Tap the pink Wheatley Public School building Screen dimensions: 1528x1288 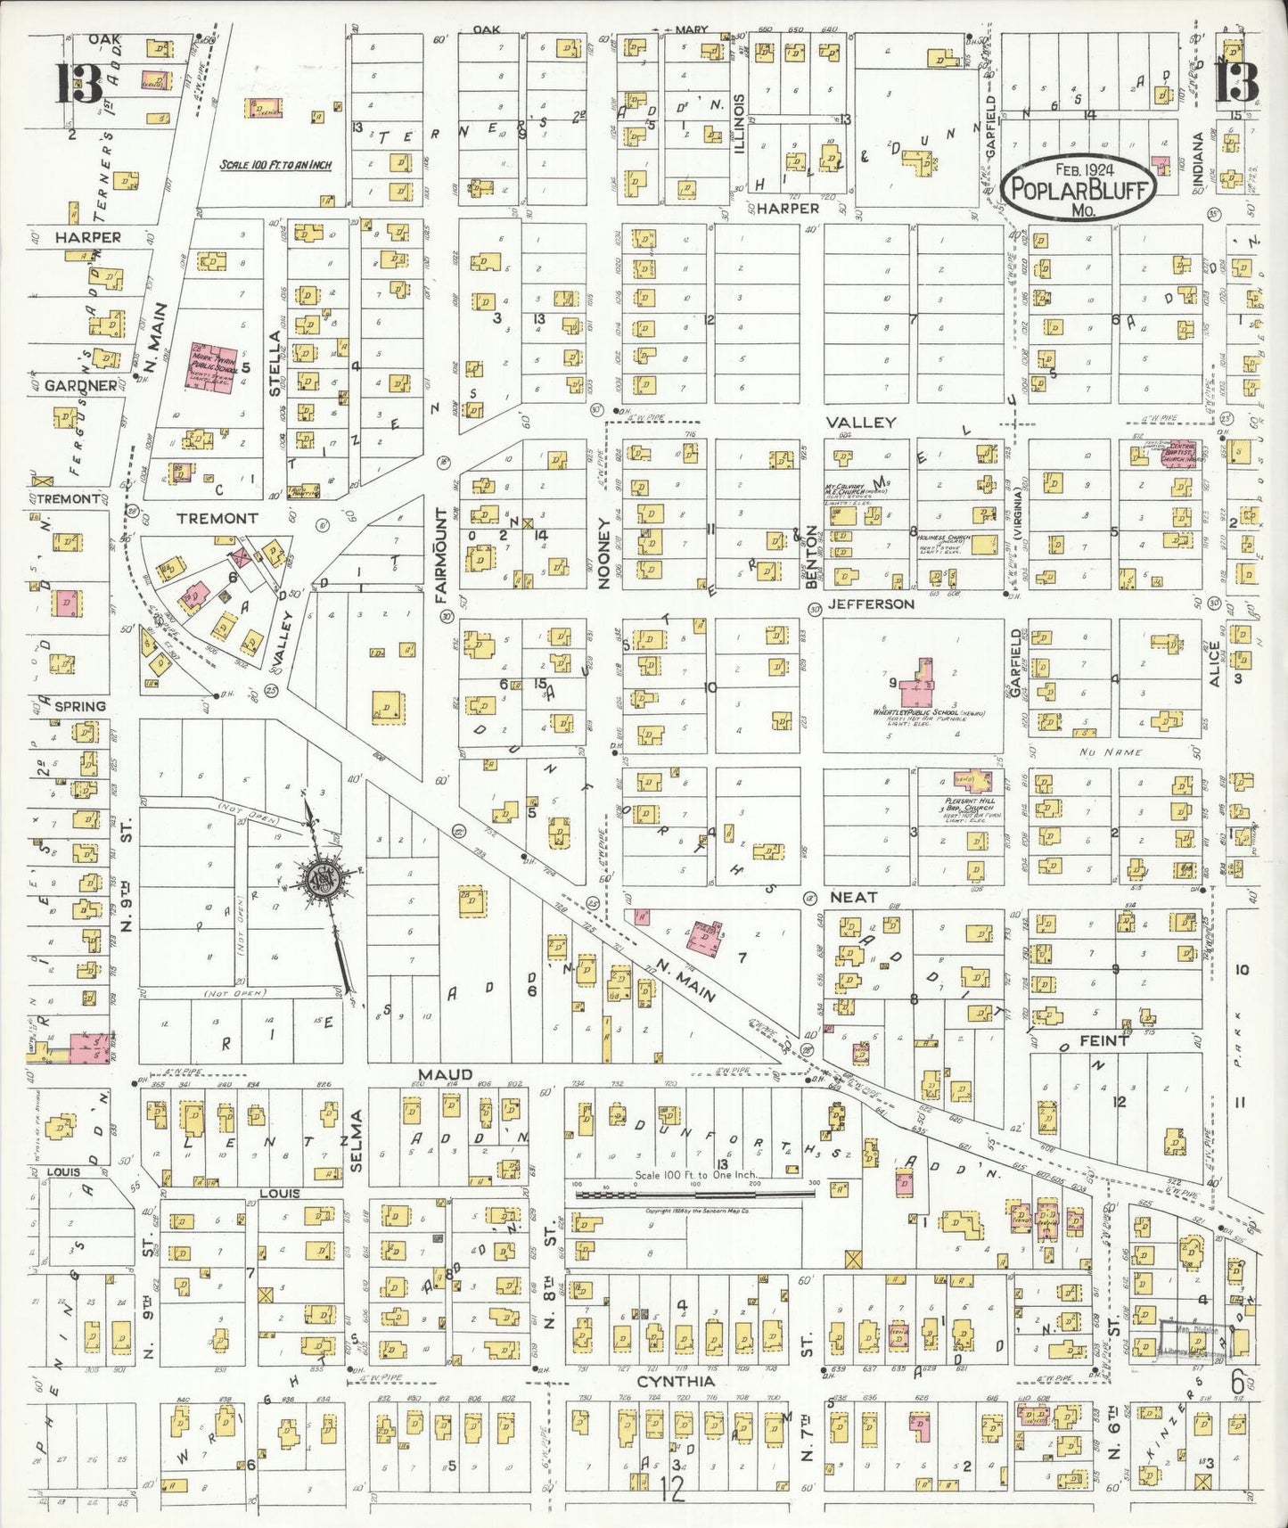pyautogui.click(x=920, y=689)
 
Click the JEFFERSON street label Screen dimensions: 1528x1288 pyautogui.click(x=871, y=604)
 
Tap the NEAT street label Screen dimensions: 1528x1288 pyautogui.click(x=853, y=897)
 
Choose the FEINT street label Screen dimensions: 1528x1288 pyautogui.click(x=1103, y=1040)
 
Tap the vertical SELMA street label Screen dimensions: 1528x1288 pyautogui.click(x=357, y=1134)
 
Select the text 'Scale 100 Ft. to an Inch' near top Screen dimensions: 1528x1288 pyautogui.click(x=275, y=165)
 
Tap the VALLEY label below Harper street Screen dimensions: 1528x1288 pyautogui.click(x=860, y=422)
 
